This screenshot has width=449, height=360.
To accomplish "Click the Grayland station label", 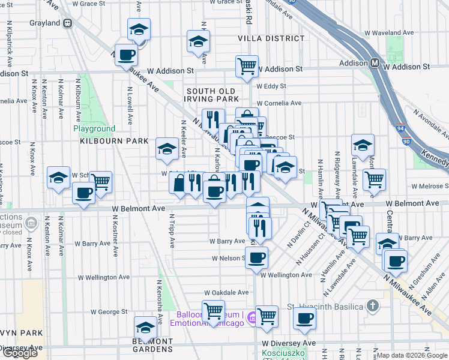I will click(x=45, y=23).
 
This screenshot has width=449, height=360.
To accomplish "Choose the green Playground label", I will click(x=94, y=129).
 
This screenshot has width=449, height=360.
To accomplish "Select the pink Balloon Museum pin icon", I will click(x=251, y=319).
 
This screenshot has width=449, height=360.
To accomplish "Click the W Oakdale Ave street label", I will click(x=226, y=293).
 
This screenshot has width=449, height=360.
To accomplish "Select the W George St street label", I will click(x=109, y=312).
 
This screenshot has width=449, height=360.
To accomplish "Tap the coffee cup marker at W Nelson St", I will click(x=256, y=257).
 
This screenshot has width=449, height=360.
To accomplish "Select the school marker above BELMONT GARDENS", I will click(x=145, y=327).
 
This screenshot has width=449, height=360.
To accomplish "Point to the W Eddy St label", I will click(x=276, y=86).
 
